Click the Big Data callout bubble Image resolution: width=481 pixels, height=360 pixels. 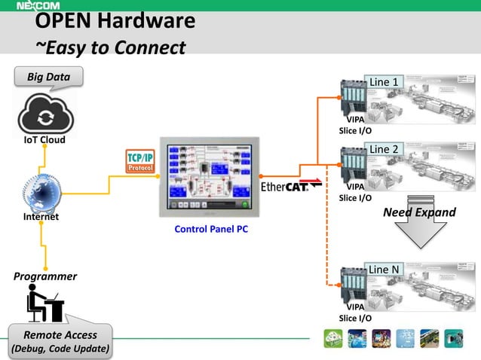coord(48,77)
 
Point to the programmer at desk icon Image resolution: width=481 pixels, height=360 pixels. coord(44,305)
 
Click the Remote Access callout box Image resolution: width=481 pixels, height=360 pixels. coord(60,341)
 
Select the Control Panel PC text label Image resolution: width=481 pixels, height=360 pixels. coord(211,230)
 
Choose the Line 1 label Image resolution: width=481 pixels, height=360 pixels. coord(384,81)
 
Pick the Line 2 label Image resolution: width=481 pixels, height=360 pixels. coord(384,149)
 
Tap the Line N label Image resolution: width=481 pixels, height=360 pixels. coord(384,270)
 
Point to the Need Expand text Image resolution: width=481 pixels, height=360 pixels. coord(419,212)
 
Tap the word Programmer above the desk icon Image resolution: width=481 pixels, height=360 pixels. coord(45,276)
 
